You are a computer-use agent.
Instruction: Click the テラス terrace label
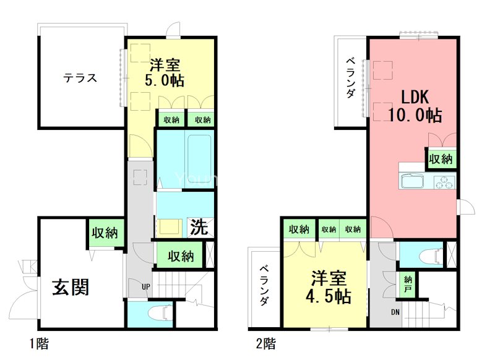tap(81, 79)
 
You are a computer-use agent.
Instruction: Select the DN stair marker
tap(395, 312)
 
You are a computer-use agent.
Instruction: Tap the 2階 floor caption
tap(266, 341)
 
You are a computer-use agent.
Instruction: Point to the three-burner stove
tap(444, 182)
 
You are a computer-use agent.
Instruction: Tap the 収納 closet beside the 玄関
tap(105, 233)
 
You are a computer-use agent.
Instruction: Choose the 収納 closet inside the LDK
tap(441, 159)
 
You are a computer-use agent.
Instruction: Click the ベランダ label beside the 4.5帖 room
tap(264, 285)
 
